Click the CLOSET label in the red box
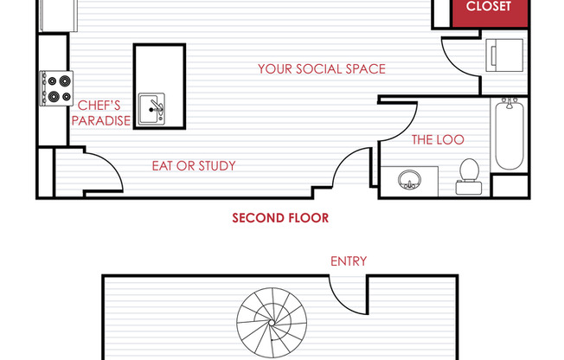coord(489,6)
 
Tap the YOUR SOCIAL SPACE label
coord(322,68)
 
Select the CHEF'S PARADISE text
coord(100,113)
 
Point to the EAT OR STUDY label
coord(194,166)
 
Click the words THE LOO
coord(438,139)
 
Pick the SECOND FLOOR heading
coord(280,218)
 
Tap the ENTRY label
coord(349,261)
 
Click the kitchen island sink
coord(151,109)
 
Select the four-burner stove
coord(56,88)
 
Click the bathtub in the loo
coord(510,135)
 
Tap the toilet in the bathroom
coord(469,177)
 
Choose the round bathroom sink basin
coord(409,179)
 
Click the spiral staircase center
coord(272,323)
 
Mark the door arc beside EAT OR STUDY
coord(113,164)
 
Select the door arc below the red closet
coord(453,64)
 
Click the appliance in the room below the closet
coord(504,55)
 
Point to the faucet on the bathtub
coord(510,103)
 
